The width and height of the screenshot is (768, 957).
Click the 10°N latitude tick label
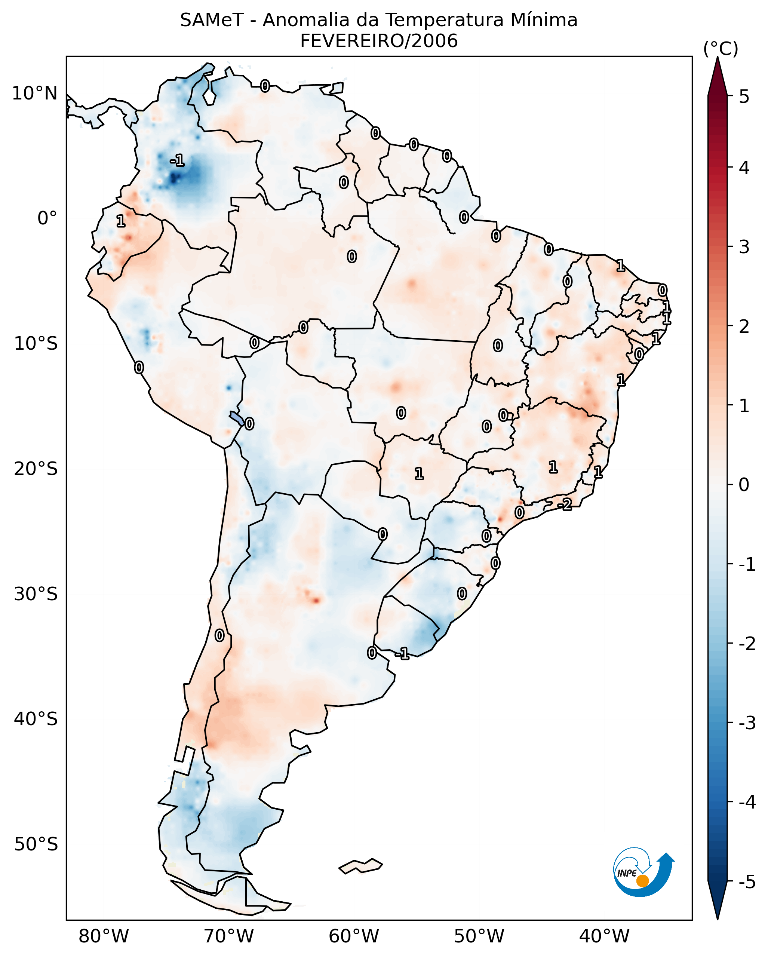coord(35,93)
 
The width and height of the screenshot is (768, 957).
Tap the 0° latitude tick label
coord(47,218)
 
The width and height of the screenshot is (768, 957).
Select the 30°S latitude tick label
coord(36,594)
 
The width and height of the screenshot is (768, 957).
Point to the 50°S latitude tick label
coord(36,844)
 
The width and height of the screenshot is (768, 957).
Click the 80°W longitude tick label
coord(103,936)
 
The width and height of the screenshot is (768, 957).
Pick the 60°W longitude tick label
coord(354,936)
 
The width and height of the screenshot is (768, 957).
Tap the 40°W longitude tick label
coord(604,936)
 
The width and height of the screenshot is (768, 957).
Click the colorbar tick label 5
coord(744,96)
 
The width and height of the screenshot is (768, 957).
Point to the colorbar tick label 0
coord(744,484)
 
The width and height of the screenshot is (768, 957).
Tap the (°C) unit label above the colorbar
coord(721,49)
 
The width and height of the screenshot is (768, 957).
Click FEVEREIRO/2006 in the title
coord(379,41)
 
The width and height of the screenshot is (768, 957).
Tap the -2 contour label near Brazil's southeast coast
coord(565,504)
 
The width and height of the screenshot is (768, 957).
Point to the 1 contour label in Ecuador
coord(120,221)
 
